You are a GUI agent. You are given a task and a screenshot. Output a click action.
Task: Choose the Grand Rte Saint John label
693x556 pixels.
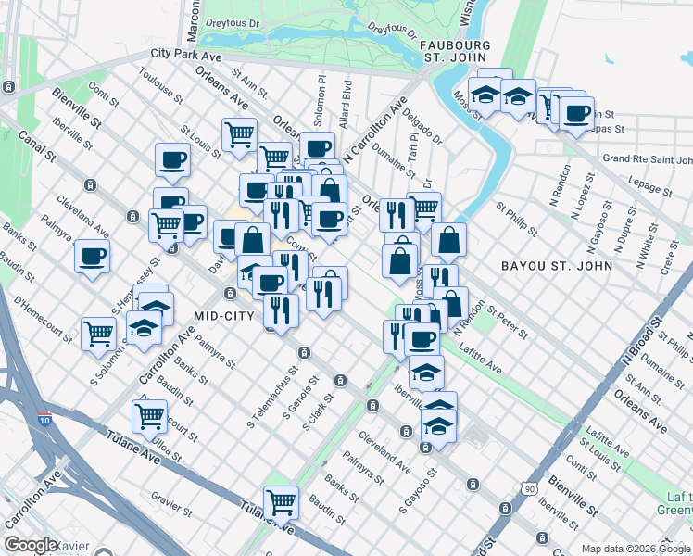click(x=648, y=158)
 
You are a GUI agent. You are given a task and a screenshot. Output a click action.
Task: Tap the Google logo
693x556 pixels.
click(x=31, y=546)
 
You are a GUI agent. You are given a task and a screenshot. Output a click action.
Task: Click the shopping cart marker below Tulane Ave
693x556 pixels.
click(x=281, y=502)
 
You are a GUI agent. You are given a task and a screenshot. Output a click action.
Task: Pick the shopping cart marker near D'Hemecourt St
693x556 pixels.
click(x=98, y=333)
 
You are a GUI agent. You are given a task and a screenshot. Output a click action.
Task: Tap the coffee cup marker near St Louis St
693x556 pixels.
click(x=172, y=159)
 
